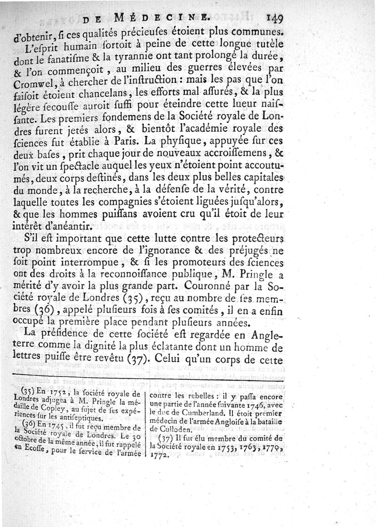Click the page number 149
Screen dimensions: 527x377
click(273, 18)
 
